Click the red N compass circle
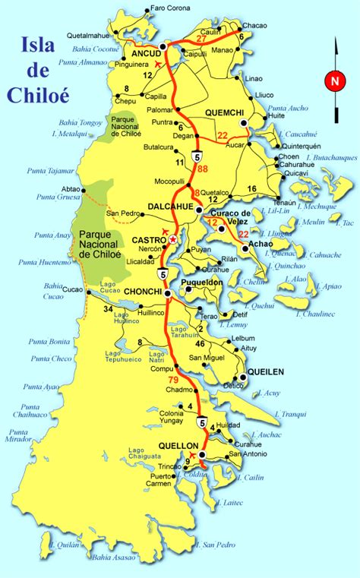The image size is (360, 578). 333,80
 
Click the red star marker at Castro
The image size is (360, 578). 173,239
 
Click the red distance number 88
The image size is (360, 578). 202,179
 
